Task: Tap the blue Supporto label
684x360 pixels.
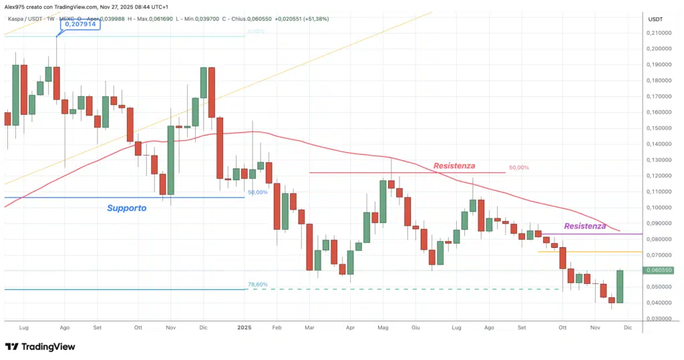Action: [x=126, y=208]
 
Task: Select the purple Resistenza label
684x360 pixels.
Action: [x=585, y=226]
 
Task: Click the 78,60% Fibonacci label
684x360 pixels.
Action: [x=258, y=284]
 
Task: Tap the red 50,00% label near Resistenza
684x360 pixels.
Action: [x=518, y=168]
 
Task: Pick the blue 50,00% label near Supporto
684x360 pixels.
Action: [x=258, y=192]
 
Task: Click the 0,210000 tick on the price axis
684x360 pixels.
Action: [x=661, y=32]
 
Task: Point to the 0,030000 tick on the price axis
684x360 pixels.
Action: [x=661, y=319]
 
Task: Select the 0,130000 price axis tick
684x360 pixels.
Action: [x=661, y=160]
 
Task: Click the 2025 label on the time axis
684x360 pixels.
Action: [x=244, y=328]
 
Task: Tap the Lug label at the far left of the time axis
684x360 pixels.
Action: [x=25, y=328]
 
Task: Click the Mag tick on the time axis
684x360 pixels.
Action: [x=383, y=328]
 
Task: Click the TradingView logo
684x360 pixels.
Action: [x=40, y=347]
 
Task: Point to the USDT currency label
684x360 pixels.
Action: [x=655, y=19]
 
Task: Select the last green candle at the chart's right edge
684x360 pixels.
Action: [x=619, y=286]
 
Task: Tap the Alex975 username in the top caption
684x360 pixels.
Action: [x=15, y=6]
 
